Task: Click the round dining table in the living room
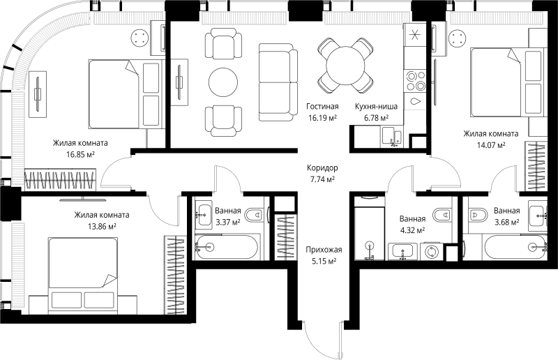345,66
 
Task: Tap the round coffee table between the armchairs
223,82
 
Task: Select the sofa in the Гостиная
278,82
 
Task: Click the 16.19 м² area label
322,118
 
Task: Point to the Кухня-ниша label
376,106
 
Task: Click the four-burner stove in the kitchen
415,80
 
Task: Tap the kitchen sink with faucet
392,137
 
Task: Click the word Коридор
322,167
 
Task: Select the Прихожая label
324,250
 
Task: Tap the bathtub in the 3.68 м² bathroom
515,246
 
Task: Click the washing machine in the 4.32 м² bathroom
431,252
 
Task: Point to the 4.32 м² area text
412,230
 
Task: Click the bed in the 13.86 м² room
83,276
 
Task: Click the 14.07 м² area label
491,145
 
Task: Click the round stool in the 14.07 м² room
458,38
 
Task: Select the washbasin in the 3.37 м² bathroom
205,215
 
